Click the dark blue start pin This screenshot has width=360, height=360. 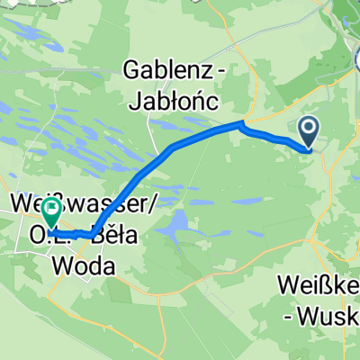tap(308, 132)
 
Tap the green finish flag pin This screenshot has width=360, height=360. tap(51, 213)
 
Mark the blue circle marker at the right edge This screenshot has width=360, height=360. tap(355, 59)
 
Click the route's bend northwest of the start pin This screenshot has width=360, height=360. tap(242, 123)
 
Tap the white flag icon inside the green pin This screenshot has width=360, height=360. tap(51, 212)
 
